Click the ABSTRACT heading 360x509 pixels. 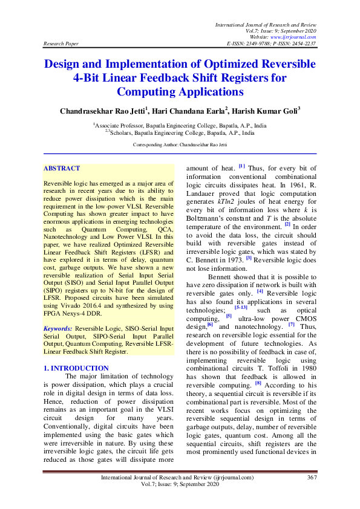pyautogui.click(x=62, y=169)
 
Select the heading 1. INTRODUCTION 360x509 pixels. pyautogui.click(x=77, y=368)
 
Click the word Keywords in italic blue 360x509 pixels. pyautogui.click(x=58, y=328)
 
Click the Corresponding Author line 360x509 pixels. pyautogui.click(x=180, y=145)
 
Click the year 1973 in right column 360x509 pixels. pyautogui.click(x=233, y=259)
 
